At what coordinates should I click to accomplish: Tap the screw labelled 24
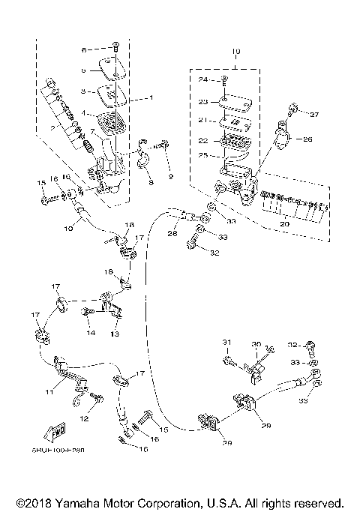(x=225, y=79)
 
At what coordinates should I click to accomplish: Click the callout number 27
(x=314, y=114)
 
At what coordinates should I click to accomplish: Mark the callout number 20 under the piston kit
(x=284, y=224)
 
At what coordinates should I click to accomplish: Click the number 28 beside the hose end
(x=172, y=234)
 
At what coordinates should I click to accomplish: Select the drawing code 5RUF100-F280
(x=58, y=452)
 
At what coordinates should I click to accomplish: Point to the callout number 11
(x=49, y=392)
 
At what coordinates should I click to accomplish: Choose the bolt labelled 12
(x=94, y=397)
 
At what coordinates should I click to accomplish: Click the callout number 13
(x=115, y=334)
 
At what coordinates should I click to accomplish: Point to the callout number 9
(x=170, y=176)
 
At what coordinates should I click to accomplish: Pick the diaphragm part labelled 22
(x=235, y=139)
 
